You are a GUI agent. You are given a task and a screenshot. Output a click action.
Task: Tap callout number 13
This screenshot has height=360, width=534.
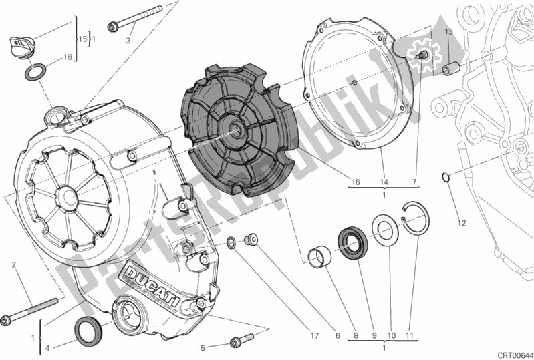pyautogui.click(x=449, y=32)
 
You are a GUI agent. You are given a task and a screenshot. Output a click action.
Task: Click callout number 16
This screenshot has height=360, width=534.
pyautogui.click(x=355, y=182)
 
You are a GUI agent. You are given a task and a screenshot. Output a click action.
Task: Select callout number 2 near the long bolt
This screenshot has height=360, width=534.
pyautogui.click(x=13, y=266)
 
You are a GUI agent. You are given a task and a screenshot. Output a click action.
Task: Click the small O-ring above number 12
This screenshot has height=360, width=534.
pyautogui.click(x=446, y=177)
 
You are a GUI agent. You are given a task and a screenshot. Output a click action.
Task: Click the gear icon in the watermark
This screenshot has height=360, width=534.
pyautogui.click(x=422, y=53)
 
